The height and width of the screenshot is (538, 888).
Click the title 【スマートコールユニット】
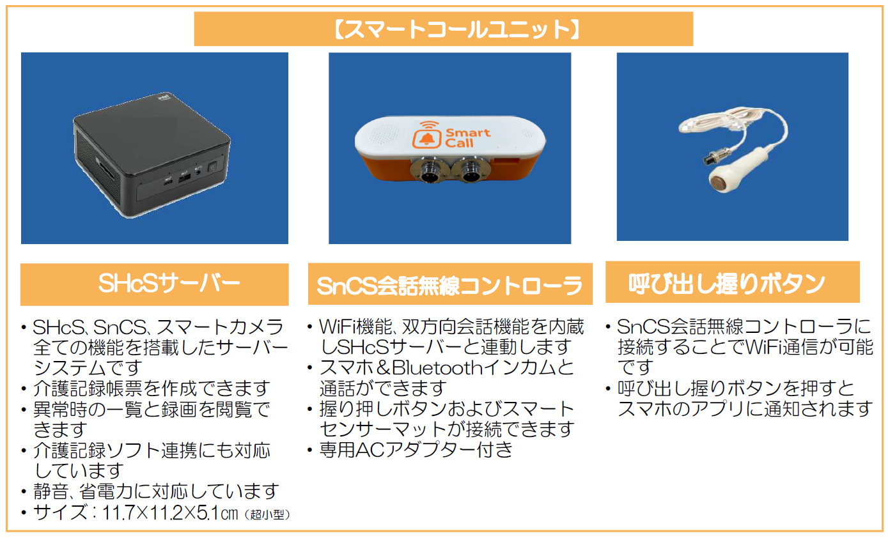point(443,29)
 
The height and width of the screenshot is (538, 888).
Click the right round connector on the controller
point(472,169)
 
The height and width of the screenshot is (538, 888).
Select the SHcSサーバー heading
point(169,284)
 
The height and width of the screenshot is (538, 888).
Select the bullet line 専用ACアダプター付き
point(416,449)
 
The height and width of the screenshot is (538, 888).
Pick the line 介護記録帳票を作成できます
point(152,388)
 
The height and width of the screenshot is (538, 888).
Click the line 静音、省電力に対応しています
point(157,491)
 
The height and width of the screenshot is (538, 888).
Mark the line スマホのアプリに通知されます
point(745,408)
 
